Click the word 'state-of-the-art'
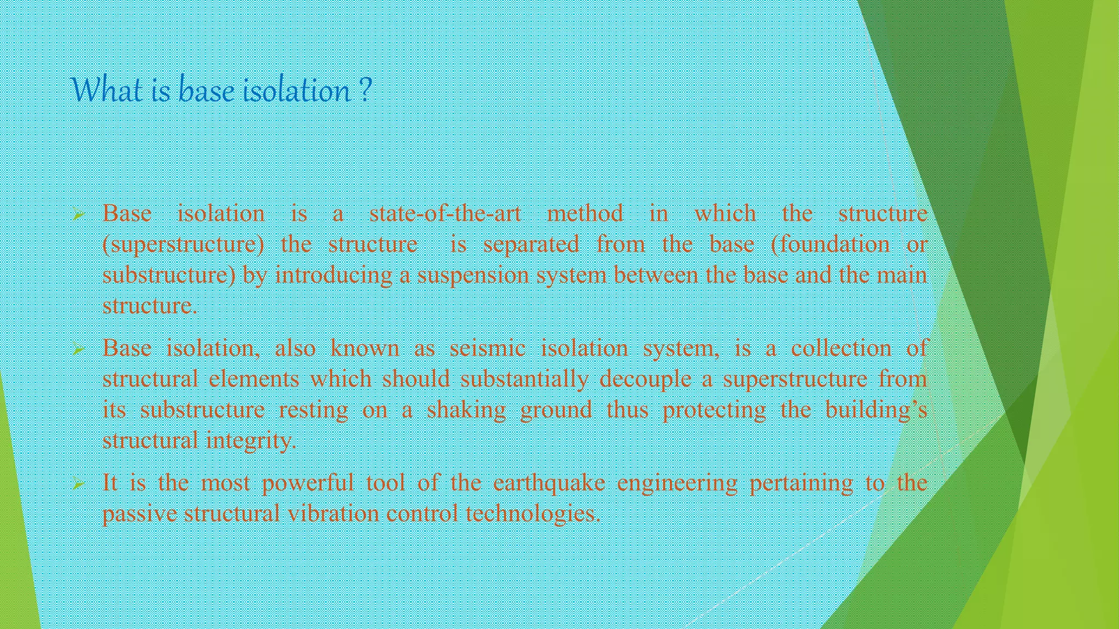[x=445, y=213]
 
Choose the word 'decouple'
[x=645, y=379]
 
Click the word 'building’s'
[x=876, y=410]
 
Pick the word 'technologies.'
[x=533, y=514]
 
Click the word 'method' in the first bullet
[x=585, y=213]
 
